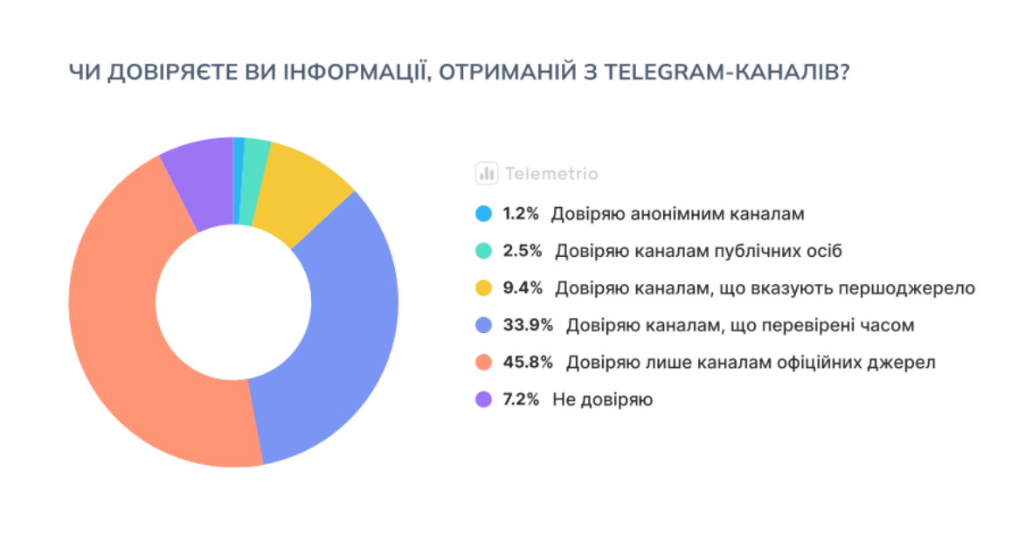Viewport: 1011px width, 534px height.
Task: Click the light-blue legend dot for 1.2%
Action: pyautogui.click(x=483, y=213)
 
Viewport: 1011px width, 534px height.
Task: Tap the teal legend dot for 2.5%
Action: pyautogui.click(x=483, y=251)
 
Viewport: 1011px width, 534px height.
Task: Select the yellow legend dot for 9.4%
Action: pyautogui.click(x=483, y=288)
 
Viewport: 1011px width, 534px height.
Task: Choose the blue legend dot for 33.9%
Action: pyautogui.click(x=483, y=325)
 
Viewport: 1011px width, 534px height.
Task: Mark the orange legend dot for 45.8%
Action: pyautogui.click(x=483, y=362)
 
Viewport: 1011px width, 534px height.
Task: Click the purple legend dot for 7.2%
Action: pyautogui.click(x=483, y=399)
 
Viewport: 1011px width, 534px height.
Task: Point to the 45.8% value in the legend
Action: pyautogui.click(x=528, y=362)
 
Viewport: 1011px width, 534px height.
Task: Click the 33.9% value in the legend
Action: pyautogui.click(x=528, y=325)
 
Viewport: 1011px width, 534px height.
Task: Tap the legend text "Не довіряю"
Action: pyautogui.click(x=603, y=399)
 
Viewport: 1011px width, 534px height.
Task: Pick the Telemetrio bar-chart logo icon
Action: pyautogui.click(x=486, y=173)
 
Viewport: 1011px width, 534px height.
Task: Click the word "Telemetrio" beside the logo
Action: pyautogui.click(x=551, y=174)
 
